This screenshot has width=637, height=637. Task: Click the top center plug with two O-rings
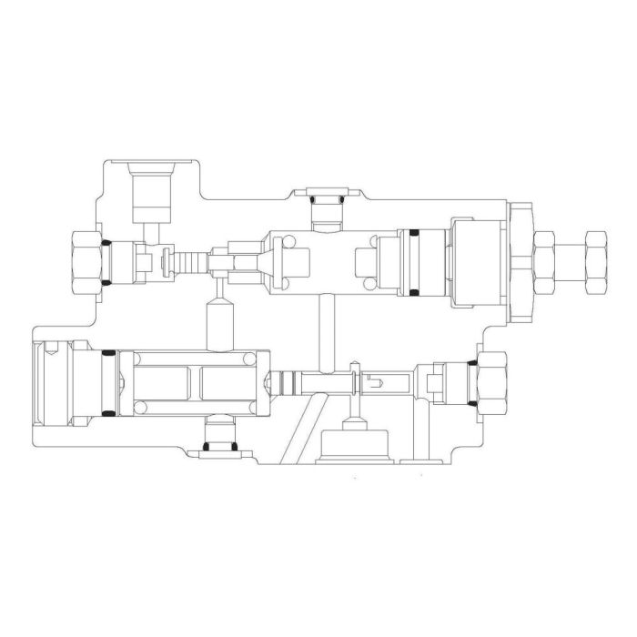coord(325,207)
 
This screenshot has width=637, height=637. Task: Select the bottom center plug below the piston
coord(217,435)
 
